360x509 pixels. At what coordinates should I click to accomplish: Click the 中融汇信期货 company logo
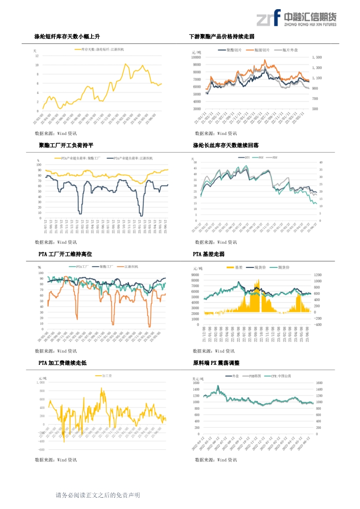(296, 19)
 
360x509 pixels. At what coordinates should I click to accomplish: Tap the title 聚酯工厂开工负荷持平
(66, 145)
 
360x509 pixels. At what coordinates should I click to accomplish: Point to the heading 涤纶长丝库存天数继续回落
(225, 145)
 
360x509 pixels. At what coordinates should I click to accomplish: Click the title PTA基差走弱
(208, 254)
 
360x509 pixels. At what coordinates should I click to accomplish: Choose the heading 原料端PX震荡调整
(216, 363)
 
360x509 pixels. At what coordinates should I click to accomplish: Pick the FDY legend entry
(275, 157)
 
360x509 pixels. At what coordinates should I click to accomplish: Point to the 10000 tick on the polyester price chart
(196, 57)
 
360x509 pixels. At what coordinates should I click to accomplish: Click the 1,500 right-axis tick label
(317, 57)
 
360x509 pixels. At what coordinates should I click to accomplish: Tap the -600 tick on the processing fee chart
(41, 449)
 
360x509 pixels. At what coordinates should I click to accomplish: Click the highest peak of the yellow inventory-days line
(126, 64)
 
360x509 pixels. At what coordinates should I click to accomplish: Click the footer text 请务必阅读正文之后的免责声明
(98, 495)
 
